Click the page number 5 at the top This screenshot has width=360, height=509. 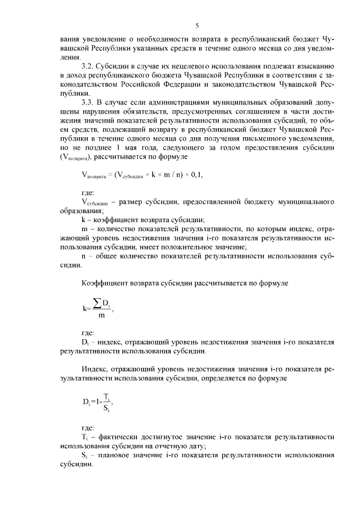(197, 25)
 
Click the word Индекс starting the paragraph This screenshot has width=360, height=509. (93, 370)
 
